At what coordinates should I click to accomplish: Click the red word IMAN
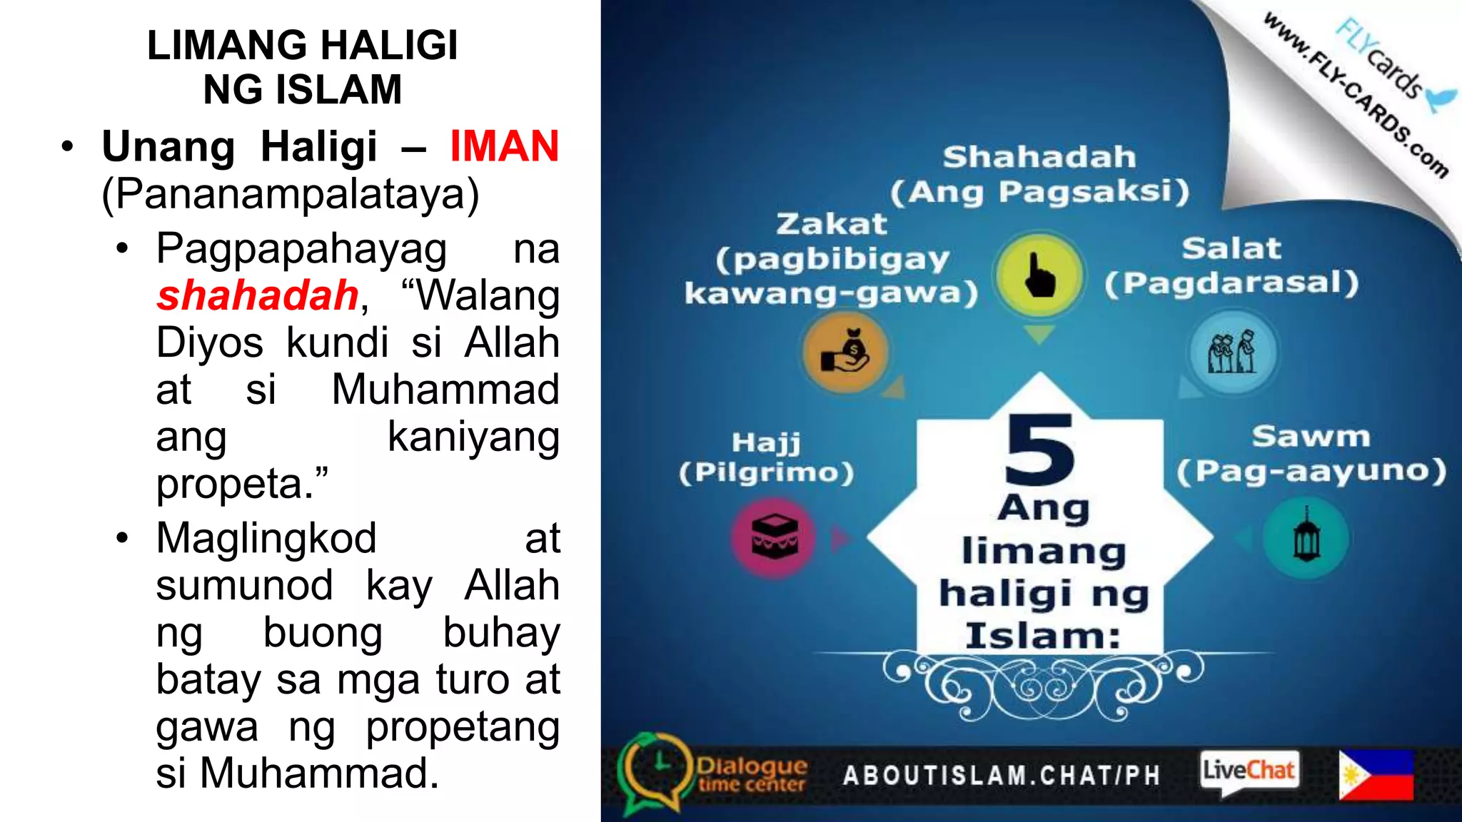click(x=504, y=147)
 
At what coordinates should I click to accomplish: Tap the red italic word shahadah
click(x=258, y=295)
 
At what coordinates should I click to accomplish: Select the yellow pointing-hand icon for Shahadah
click(x=1039, y=275)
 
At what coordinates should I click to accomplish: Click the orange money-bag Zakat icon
click(x=845, y=352)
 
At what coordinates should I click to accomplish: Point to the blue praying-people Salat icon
click(x=1232, y=352)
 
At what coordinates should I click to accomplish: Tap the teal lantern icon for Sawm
click(x=1306, y=537)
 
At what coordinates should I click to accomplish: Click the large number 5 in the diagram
click(x=1039, y=450)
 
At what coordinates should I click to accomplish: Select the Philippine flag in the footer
click(x=1376, y=775)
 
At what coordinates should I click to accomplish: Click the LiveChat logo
click(x=1249, y=771)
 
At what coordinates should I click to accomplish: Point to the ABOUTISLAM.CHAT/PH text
click(x=1002, y=776)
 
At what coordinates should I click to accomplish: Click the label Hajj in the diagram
click(x=766, y=443)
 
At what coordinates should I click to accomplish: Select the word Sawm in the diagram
click(x=1311, y=437)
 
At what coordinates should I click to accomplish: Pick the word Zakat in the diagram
click(x=832, y=224)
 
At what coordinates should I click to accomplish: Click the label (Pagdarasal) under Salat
click(x=1231, y=283)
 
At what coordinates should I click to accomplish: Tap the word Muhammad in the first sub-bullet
click(x=445, y=390)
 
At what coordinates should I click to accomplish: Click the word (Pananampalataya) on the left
click(x=291, y=194)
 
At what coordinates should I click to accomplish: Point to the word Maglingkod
click(x=266, y=538)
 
